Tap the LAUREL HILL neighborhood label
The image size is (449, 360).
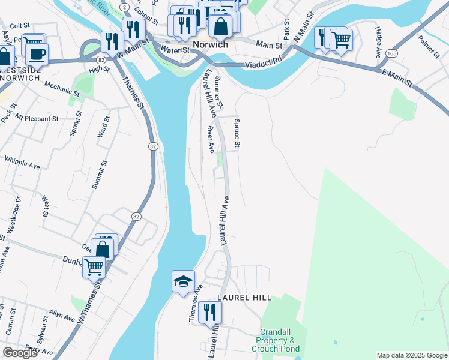(x=244, y=298)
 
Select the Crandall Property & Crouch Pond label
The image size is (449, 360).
(x=280, y=340)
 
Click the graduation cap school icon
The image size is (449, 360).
(x=183, y=281)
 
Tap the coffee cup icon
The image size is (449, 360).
(x=37, y=54)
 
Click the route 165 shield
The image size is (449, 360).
(x=391, y=53)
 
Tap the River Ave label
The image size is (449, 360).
(x=211, y=139)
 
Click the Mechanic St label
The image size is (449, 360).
(x=62, y=89)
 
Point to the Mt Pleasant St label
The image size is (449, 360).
(x=37, y=118)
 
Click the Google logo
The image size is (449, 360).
(x=20, y=353)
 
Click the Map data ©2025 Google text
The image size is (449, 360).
(x=411, y=355)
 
